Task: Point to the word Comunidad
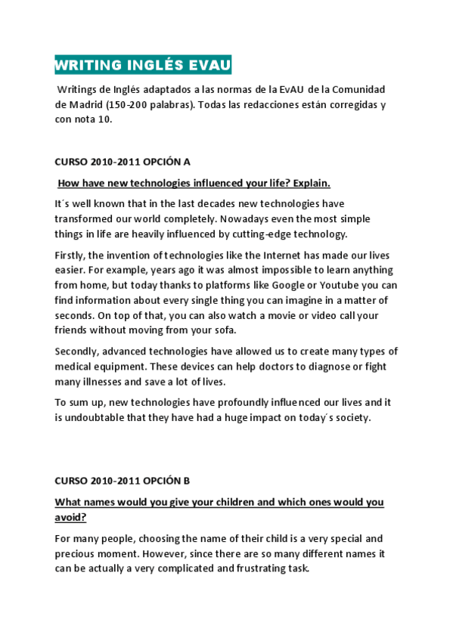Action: tap(360, 89)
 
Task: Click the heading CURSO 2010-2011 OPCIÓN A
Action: tap(123, 162)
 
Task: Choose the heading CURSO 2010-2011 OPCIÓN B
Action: tap(123, 480)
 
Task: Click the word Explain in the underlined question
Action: tap(311, 183)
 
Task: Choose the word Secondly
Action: tap(76, 351)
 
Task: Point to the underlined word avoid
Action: tap(70, 517)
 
